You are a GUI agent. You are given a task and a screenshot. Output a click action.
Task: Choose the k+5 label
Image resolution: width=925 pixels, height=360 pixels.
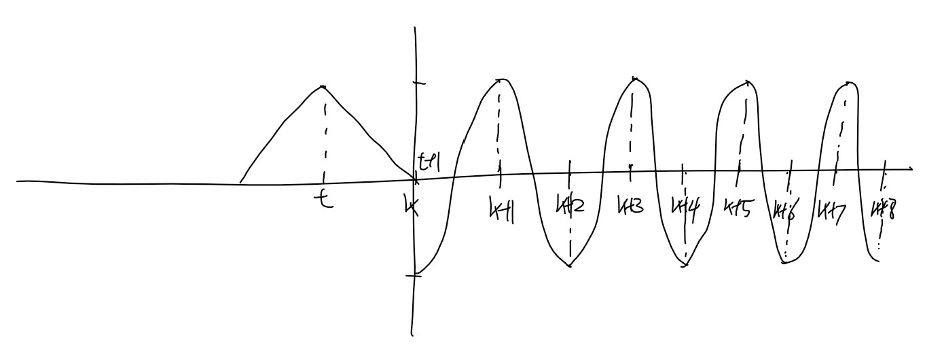[738, 205]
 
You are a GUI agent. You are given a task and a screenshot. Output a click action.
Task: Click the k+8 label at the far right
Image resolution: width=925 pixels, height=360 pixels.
[882, 206]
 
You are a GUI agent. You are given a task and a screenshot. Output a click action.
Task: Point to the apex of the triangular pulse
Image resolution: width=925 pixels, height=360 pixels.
[323, 87]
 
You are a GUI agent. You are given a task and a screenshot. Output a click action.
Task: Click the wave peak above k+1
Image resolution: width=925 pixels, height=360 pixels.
[501, 79]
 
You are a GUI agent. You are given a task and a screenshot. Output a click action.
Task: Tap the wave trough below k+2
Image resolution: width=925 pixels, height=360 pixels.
[570, 266]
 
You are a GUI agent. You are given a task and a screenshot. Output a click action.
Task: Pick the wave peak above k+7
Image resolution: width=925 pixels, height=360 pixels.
[847, 83]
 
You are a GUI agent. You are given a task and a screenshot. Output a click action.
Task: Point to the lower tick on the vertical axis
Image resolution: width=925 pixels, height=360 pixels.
[416, 274]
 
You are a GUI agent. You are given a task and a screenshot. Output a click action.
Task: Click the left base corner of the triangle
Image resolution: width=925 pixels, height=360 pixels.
[240, 182]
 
